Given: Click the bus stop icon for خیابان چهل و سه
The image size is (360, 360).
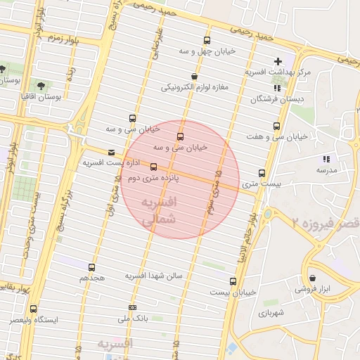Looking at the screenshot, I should pyautogui.click(x=207, y=40).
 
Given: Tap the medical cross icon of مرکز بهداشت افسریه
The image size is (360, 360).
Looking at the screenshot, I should pyautogui.click(x=278, y=62).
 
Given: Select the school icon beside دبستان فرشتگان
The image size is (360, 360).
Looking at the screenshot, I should pyautogui.click(x=277, y=88).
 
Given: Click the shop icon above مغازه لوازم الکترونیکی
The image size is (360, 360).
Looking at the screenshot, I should pyautogui.click(x=194, y=77).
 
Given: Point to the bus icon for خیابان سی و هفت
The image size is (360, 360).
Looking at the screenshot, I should pyautogui.click(x=276, y=127).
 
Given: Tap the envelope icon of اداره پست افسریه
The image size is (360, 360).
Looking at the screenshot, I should pyautogui.click(x=111, y=153).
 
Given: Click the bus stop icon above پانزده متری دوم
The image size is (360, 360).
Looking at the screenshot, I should pyautogui.click(x=154, y=167).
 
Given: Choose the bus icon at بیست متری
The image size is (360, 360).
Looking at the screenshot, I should pyautogui.click(x=262, y=173).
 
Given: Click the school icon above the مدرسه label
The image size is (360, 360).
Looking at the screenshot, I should pyautogui.click(x=326, y=160).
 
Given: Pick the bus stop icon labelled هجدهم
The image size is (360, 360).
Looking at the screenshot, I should pyautogui.click(x=91, y=267).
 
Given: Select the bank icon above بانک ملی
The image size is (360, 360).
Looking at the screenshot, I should pyautogui.click(x=132, y=307).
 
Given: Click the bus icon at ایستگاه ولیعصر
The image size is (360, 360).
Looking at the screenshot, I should pyautogui.click(x=33, y=309).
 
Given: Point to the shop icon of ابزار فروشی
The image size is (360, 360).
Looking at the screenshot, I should pyautogui.click(x=312, y=278).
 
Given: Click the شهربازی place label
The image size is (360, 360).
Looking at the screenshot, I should pyautogui.click(x=270, y=312).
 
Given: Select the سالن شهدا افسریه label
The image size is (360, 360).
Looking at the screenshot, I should pyautogui.click(x=154, y=276).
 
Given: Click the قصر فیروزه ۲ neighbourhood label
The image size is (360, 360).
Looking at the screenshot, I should pyautogui.click(x=326, y=222).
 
